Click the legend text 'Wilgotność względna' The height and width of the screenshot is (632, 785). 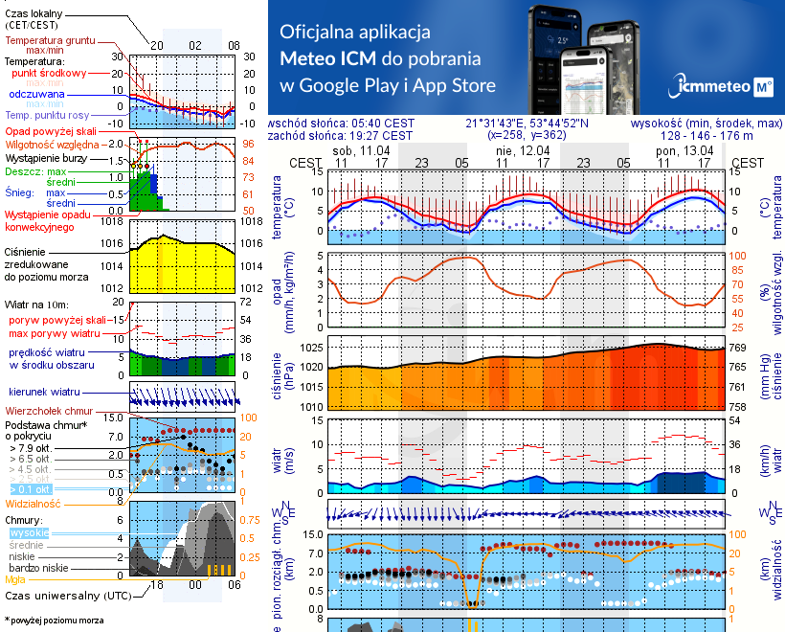tap(54, 143)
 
